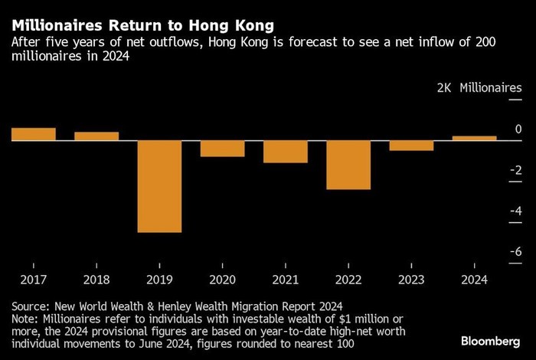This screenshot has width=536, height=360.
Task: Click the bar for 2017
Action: [34, 134]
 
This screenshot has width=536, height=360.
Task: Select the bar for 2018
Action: [96, 136]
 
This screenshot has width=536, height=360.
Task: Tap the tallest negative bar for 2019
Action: [159, 186]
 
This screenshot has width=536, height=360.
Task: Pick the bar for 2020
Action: [223, 149]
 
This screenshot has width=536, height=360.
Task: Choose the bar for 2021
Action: [286, 152]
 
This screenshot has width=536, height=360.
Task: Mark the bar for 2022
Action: [348, 165]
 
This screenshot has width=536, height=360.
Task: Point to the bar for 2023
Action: [411, 146]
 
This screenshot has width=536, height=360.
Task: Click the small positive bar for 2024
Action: [474, 138]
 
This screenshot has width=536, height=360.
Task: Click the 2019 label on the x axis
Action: [159, 280]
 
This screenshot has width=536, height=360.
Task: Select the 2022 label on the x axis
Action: [348, 280]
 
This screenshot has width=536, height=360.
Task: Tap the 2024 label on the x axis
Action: [474, 280]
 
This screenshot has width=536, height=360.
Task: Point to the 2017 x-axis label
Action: [34, 280]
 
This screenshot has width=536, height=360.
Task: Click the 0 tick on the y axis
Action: [518, 129]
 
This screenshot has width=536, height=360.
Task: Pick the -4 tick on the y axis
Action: [516, 211]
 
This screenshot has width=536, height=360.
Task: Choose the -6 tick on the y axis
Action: [516, 251]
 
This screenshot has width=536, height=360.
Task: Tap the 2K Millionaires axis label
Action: [479, 88]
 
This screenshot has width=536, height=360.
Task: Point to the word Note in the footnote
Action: [26, 318]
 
